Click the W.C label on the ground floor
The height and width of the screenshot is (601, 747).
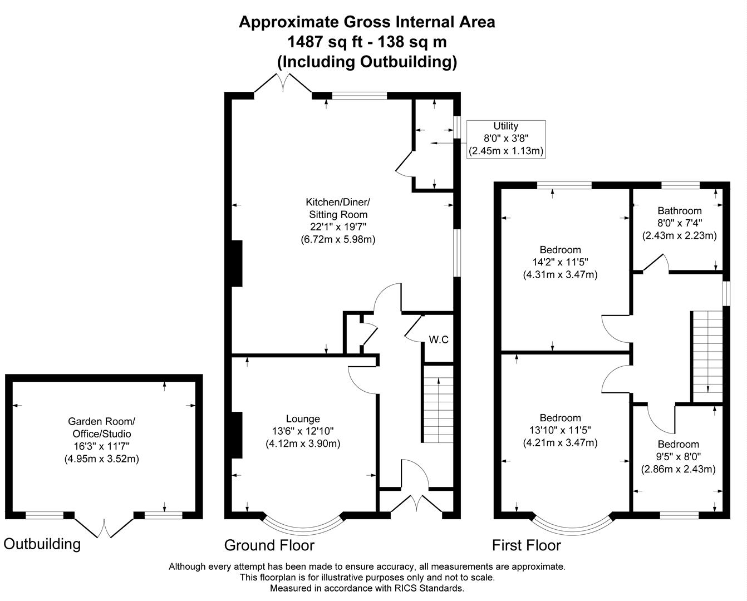439,339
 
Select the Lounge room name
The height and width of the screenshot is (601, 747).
303,419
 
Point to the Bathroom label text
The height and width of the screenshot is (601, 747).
680,211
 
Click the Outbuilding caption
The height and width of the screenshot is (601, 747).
42,544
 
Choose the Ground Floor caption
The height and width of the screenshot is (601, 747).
269,545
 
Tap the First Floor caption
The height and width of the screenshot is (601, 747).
526,545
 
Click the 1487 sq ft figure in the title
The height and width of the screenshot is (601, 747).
325,42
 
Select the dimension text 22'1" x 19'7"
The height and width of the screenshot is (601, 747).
338,227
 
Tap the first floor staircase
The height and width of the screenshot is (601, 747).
707,356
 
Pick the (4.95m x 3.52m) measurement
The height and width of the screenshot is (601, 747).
102,459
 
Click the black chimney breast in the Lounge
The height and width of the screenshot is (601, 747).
237,435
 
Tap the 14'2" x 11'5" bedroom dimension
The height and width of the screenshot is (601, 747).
560,262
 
